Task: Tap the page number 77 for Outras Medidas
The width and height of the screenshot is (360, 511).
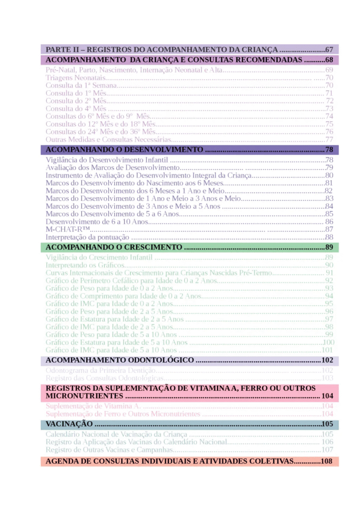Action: click(x=329, y=140)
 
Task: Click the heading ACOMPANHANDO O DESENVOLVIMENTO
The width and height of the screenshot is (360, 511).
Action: click(x=125, y=150)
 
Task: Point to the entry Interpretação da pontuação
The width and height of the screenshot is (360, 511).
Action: click(x=92, y=237)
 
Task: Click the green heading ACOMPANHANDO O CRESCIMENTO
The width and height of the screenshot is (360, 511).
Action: click(x=114, y=248)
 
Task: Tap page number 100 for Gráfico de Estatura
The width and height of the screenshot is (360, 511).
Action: click(x=328, y=342)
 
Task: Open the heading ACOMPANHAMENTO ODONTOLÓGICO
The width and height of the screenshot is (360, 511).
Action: click(x=120, y=360)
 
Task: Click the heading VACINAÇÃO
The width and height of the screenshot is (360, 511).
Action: click(x=69, y=424)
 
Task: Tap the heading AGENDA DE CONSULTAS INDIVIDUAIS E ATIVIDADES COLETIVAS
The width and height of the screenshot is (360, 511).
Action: click(x=170, y=462)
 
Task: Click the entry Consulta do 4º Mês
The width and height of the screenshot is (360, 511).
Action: click(x=76, y=108)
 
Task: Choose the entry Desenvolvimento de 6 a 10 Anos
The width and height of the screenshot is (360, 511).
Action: click(x=97, y=222)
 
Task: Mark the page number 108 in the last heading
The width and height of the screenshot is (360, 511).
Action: click(x=327, y=462)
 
